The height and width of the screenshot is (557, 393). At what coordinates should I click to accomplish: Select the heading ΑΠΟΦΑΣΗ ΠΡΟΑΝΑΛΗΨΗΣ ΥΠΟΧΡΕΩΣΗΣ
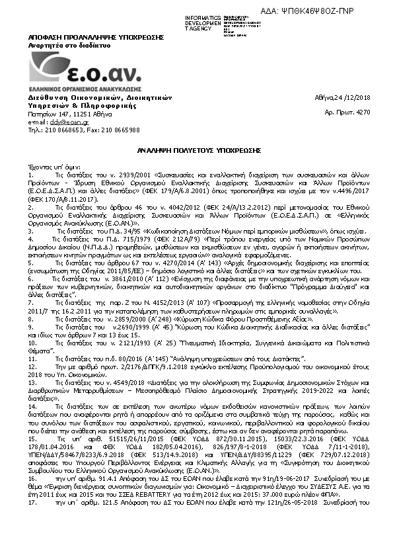point(81,38)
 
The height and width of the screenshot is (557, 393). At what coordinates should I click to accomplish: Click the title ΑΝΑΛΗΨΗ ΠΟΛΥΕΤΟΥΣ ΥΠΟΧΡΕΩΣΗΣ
point(197,151)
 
